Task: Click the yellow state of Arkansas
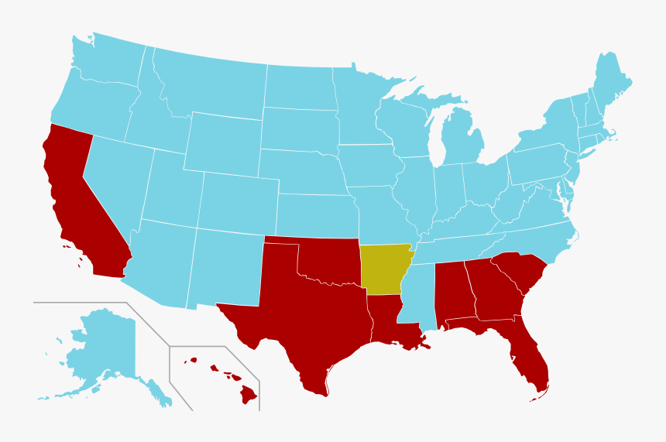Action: pos(384,269)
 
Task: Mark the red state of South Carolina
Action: pos(520,271)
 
